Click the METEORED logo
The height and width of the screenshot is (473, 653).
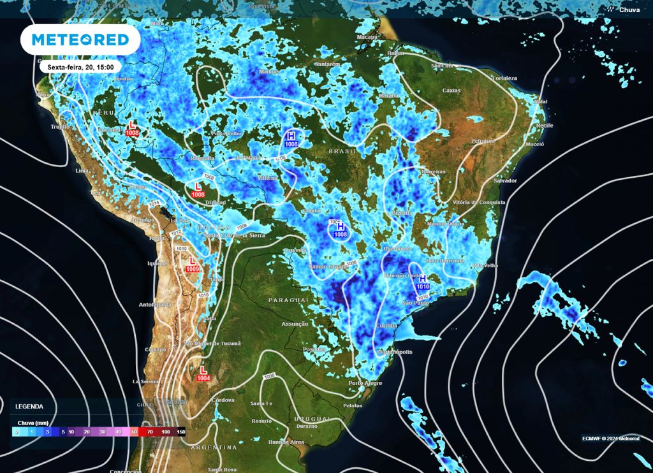click(80, 40)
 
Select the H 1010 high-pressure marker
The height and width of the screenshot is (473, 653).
click(423, 282)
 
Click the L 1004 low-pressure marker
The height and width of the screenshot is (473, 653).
click(203, 374)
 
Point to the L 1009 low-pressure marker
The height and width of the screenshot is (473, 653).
click(193, 265)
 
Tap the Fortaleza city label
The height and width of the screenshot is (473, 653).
click(504, 78)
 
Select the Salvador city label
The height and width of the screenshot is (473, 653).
click(505, 180)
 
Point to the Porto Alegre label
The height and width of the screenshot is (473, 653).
click(364, 382)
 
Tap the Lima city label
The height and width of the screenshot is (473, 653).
click(82, 171)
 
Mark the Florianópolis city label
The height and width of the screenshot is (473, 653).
click(393, 351)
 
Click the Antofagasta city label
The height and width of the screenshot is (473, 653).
click(156, 304)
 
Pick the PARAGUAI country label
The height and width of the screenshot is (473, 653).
click(288, 299)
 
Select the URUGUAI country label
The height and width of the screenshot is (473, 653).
click(313, 418)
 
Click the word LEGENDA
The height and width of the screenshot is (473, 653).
click(29, 406)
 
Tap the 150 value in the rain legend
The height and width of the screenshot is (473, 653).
click(180, 432)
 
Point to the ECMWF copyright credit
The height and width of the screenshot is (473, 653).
click(611, 438)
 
